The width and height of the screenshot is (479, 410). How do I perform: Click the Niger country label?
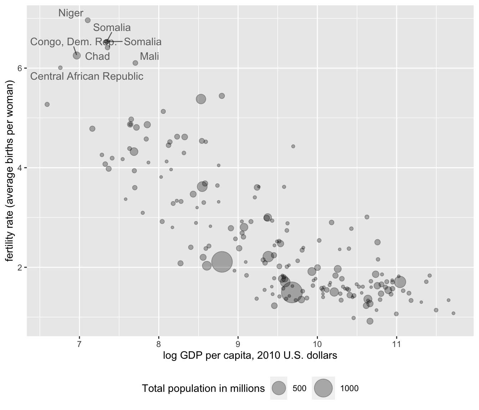71,13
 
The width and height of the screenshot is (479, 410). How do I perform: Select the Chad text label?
97,56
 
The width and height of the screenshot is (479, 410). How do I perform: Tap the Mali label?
149,56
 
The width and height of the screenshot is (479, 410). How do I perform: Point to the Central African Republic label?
87,76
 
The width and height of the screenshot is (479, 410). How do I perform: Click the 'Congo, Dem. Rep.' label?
73,42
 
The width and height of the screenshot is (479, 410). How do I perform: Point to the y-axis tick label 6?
20,68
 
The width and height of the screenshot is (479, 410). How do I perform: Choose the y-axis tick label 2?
20,267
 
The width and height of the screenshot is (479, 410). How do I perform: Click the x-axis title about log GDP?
250,355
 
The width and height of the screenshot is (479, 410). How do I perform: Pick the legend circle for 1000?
323,388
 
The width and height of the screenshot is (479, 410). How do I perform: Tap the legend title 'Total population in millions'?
203,388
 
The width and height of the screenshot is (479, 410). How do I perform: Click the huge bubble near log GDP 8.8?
222,262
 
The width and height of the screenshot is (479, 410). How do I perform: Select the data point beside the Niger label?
88,20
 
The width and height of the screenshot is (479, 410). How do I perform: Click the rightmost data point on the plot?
453,313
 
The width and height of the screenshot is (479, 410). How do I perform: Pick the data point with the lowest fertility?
370,321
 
